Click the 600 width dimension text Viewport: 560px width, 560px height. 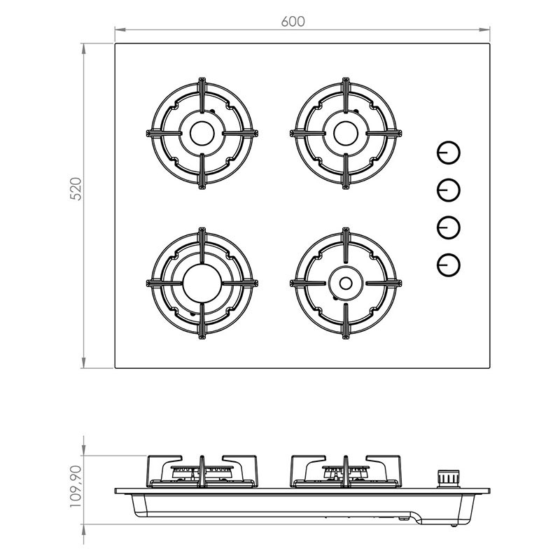(x=293, y=22)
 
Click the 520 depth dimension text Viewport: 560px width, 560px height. (x=76, y=189)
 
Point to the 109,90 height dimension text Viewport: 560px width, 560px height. (x=76, y=486)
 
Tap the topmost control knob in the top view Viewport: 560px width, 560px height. (x=449, y=153)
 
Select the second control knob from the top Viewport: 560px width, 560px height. (x=449, y=190)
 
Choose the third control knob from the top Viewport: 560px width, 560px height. (x=449, y=227)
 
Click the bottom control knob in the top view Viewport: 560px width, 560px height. (x=449, y=265)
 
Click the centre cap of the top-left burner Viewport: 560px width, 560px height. (x=202, y=133)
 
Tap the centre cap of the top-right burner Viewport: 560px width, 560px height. (x=346, y=133)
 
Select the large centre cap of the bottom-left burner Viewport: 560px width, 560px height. (x=202, y=283)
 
